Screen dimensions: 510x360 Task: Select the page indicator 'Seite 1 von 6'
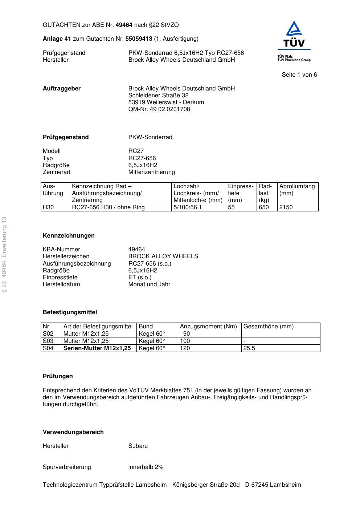(299, 75)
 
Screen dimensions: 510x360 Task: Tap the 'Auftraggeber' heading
(62, 89)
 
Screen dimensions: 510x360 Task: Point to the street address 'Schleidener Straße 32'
(158, 96)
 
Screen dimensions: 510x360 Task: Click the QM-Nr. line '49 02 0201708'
(159, 109)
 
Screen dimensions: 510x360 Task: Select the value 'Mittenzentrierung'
(151, 172)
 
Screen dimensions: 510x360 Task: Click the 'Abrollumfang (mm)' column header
(297, 190)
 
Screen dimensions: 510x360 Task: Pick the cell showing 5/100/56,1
(188, 207)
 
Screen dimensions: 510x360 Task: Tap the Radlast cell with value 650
(264, 207)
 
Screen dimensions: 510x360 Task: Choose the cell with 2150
(286, 207)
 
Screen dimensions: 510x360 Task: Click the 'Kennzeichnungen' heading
(69, 236)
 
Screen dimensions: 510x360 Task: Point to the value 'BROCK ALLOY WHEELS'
(163, 256)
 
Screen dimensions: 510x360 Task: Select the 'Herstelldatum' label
(61, 284)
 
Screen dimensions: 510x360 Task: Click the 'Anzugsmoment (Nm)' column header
(208, 327)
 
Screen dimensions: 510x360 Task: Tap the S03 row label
(48, 341)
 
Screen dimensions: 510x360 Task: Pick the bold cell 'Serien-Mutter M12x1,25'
(97, 348)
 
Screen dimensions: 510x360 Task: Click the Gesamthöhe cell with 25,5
(249, 348)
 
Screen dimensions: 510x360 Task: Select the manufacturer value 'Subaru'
(138, 446)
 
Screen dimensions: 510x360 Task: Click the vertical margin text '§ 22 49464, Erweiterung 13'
(4, 255)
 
